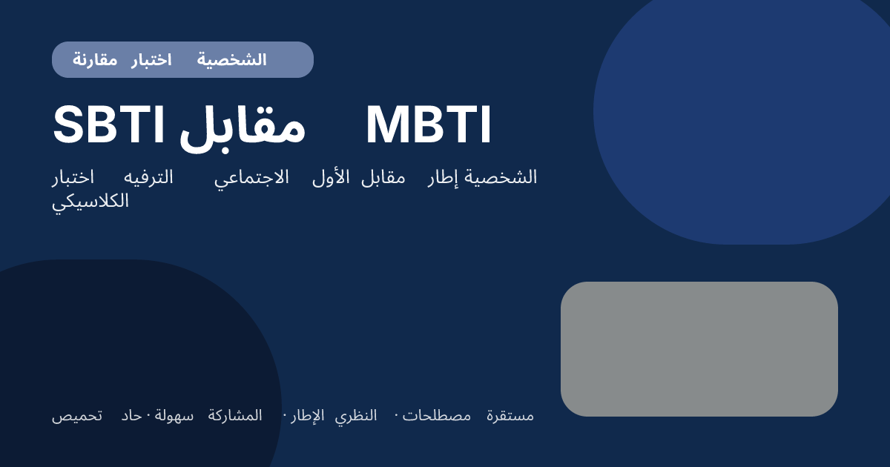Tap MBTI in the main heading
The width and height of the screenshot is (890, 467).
[x=428, y=126]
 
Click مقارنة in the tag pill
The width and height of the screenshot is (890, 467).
[x=95, y=60]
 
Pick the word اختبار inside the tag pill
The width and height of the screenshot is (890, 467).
[x=151, y=60]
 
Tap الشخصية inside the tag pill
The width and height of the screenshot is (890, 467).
[x=231, y=60]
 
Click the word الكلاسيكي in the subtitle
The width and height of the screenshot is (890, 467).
[x=90, y=201]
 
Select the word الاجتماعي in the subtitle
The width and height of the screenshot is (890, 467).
[x=252, y=178]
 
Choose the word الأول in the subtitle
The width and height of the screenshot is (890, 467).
[x=331, y=178]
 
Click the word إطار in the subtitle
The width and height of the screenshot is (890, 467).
[x=444, y=178]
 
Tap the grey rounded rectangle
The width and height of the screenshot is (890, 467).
[x=699, y=348]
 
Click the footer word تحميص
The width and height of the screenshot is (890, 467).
[x=77, y=416]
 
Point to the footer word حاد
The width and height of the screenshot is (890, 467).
[x=131, y=416]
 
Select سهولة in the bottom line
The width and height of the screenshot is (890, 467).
[x=174, y=416]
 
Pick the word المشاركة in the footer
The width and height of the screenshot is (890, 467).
[x=235, y=416]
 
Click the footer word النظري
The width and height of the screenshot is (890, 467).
[x=355, y=416]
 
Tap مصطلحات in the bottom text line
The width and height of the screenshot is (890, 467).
[x=437, y=416]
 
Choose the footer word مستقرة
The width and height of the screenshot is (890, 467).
[x=510, y=416]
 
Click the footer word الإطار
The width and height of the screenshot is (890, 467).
[x=307, y=416]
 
